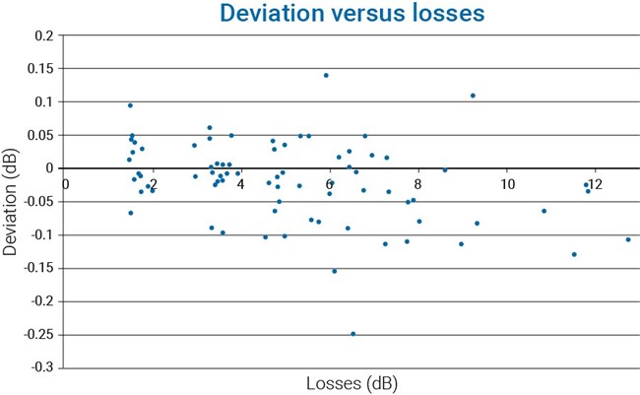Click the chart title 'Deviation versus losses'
(x=340, y=14)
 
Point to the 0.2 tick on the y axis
(x=43, y=35)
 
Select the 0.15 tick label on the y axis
(x=40, y=69)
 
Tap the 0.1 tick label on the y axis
(x=43, y=102)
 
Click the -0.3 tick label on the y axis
(x=40, y=368)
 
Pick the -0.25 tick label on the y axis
(x=37, y=335)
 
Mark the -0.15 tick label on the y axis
(x=37, y=269)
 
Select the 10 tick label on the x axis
(x=506, y=183)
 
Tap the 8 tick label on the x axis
(x=418, y=183)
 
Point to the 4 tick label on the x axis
(x=241, y=183)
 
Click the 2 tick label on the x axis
(x=153, y=183)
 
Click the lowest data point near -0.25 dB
(x=352, y=334)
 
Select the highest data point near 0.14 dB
(x=326, y=75)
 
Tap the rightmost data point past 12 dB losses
(x=628, y=239)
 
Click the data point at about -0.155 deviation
(x=335, y=271)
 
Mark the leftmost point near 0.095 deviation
(x=130, y=105)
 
